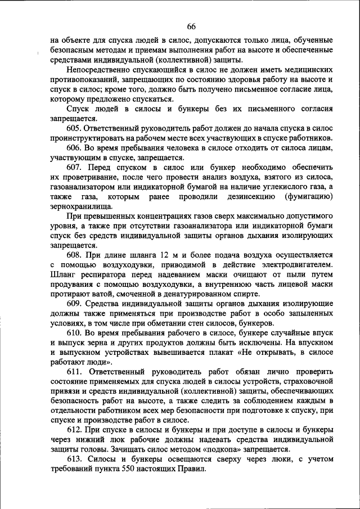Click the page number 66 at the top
coord(191,27)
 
